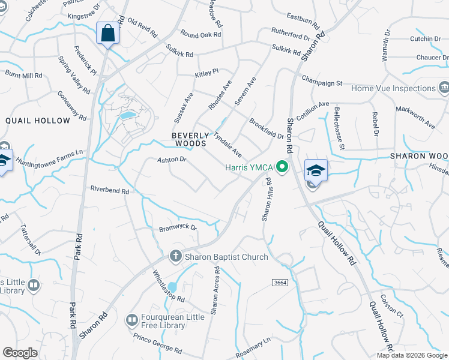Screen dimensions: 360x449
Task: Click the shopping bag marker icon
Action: (108, 33)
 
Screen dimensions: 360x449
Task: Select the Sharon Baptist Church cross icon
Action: (176, 257)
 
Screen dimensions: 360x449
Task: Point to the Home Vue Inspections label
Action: (393, 88)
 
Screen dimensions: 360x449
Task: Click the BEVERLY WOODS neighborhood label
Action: (190, 140)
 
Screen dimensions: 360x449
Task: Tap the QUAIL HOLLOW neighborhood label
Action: (38, 121)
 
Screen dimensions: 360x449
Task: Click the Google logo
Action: (20, 353)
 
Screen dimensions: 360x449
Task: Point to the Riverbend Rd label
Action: (110, 190)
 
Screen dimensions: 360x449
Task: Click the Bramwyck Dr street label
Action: (178, 228)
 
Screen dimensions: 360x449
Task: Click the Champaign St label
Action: (321, 81)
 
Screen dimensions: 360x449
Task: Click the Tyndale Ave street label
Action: (228, 145)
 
